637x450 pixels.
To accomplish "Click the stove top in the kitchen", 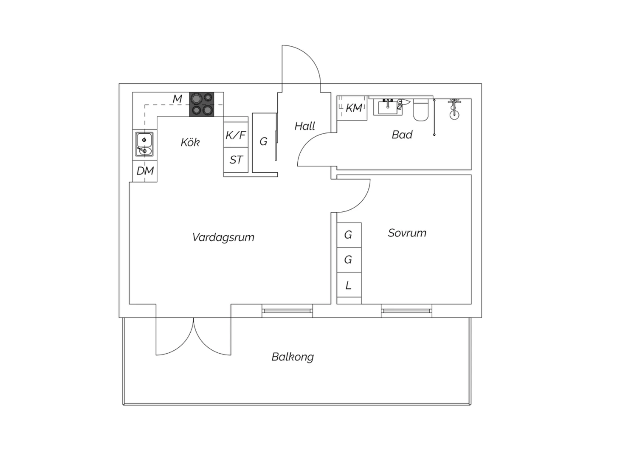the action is [x=202, y=104].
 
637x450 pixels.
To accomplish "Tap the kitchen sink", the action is [x=144, y=144].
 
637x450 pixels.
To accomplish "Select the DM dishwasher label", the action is [x=145, y=171].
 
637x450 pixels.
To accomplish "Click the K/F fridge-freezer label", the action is [x=235, y=135].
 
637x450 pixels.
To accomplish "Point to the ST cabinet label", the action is [x=236, y=160].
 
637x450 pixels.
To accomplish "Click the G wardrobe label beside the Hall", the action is [x=263, y=141].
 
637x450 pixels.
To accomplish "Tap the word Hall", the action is [x=304, y=126].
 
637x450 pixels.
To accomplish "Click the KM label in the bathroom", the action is [x=354, y=108].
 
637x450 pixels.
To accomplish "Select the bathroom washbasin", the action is [x=388, y=107].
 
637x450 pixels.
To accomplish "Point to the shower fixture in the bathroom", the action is [x=454, y=109].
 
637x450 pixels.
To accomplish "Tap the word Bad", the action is [x=402, y=135].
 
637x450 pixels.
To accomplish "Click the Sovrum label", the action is [x=407, y=233].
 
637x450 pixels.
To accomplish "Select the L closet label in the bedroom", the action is [x=348, y=285].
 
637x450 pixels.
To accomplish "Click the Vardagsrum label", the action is [x=223, y=237].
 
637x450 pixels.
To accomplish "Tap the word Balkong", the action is [x=293, y=357].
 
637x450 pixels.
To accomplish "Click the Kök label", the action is [x=190, y=142].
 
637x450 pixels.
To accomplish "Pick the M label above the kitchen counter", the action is [x=177, y=98].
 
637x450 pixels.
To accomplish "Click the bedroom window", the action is [x=406, y=311].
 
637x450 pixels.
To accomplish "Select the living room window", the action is [x=287, y=311].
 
